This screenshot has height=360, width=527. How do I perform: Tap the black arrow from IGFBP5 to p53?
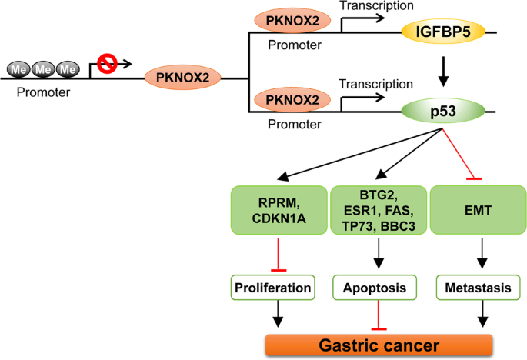tap(441, 73)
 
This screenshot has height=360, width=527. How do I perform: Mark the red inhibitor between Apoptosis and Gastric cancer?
tap(378, 317)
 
